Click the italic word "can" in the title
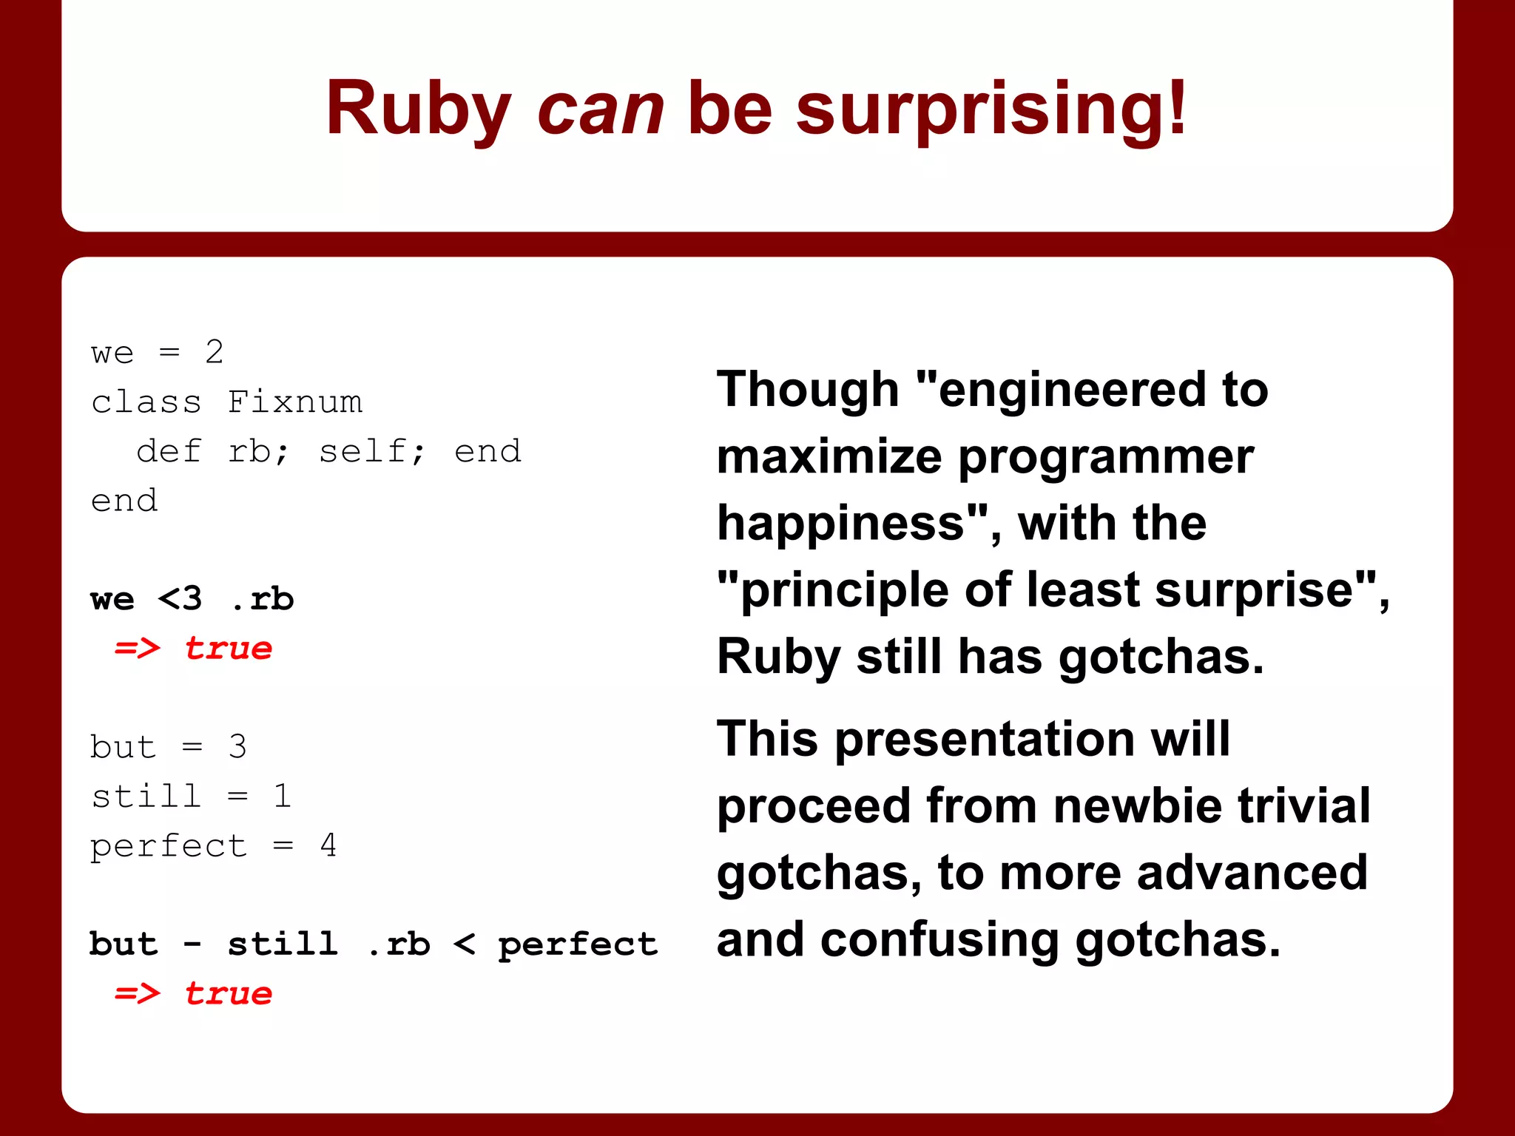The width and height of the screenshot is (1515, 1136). pyautogui.click(x=601, y=109)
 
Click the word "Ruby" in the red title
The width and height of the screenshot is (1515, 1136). pyautogui.click(x=419, y=109)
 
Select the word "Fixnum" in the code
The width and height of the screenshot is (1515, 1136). pyautogui.click(x=294, y=402)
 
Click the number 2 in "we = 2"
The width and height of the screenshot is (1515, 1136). pyautogui.click(x=215, y=352)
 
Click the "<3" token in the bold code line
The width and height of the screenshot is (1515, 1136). pyautogui.click(x=180, y=599)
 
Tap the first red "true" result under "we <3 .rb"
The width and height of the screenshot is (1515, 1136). pyautogui.click(x=228, y=649)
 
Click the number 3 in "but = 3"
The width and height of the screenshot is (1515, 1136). pyautogui.click(x=237, y=747)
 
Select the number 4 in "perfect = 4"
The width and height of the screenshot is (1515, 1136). pyautogui.click(x=328, y=845)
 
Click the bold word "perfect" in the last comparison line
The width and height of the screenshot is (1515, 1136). pyautogui.click(x=577, y=944)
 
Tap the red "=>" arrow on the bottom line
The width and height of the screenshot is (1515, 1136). pyautogui.click(x=138, y=993)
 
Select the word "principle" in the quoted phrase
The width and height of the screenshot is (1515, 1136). pyautogui.click(x=844, y=590)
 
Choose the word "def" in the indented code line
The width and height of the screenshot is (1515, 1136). pyautogui.click(x=169, y=451)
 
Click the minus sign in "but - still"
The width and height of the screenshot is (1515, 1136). pyautogui.click(x=192, y=944)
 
